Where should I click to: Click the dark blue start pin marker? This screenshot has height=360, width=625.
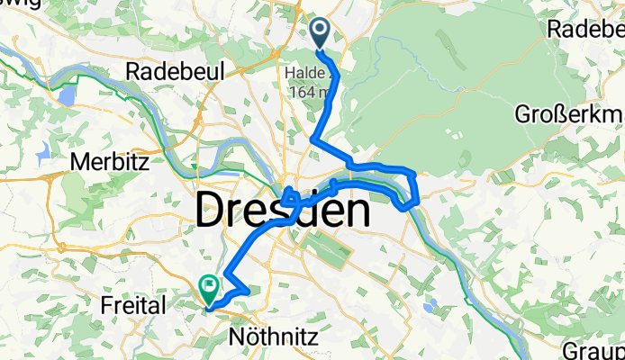(x=321, y=34)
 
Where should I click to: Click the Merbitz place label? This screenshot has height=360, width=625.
(x=105, y=164)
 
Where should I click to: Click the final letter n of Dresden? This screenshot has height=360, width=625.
(x=355, y=213)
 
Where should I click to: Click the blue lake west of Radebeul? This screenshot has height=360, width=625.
(x=68, y=94)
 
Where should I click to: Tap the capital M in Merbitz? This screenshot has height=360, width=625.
(x=77, y=164)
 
